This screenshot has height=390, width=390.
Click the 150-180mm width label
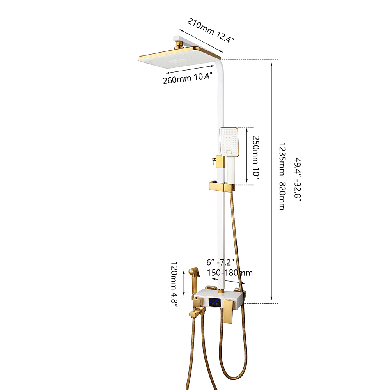pyautogui.click(x=230, y=273)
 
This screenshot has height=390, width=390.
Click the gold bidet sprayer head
pyautogui.click(x=194, y=273)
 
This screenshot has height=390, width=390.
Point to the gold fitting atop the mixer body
pyautogui.click(x=221, y=290)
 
